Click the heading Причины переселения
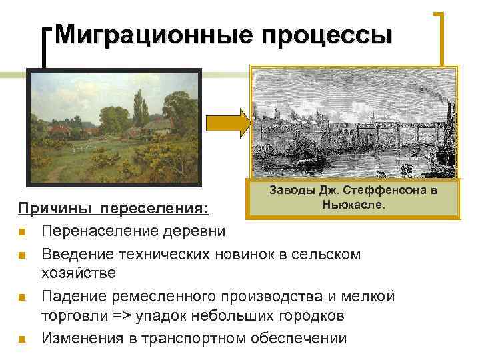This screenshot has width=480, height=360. click(x=113, y=209)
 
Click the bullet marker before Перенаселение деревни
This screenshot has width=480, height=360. click(x=23, y=232)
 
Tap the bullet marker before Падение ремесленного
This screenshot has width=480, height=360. click(x=23, y=296)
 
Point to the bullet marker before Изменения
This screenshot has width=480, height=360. click(x=23, y=339)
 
